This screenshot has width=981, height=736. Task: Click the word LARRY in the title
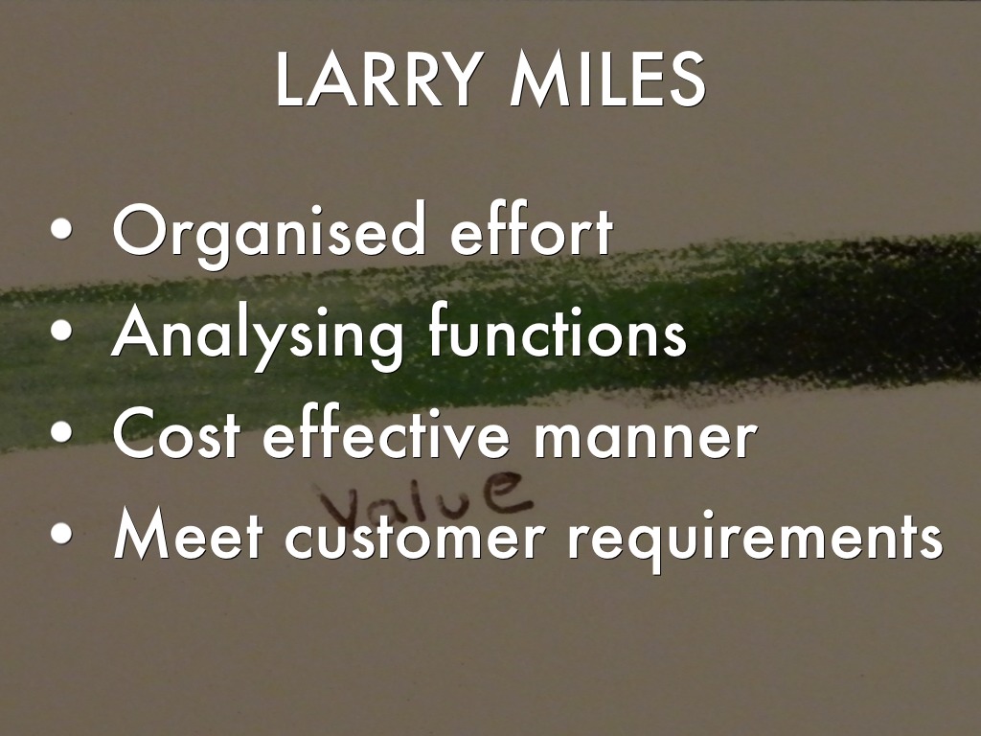pyautogui.click(x=379, y=80)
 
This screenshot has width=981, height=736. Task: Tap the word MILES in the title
pyautogui.click(x=607, y=80)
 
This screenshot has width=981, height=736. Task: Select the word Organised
pyautogui.click(x=269, y=232)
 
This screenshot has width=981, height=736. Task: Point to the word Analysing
pyautogui.click(x=257, y=333)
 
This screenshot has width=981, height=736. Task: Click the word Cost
pyautogui.click(x=176, y=433)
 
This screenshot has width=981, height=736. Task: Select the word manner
pyautogui.click(x=645, y=438)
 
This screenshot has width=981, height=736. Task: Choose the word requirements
pyautogui.click(x=755, y=540)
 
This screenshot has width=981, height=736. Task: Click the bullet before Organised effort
pyautogui.click(x=61, y=228)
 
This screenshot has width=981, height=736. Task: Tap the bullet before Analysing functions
pyautogui.click(x=61, y=330)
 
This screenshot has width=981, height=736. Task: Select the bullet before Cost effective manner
pyautogui.click(x=61, y=432)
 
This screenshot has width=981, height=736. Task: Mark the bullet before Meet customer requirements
pyautogui.click(x=61, y=533)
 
